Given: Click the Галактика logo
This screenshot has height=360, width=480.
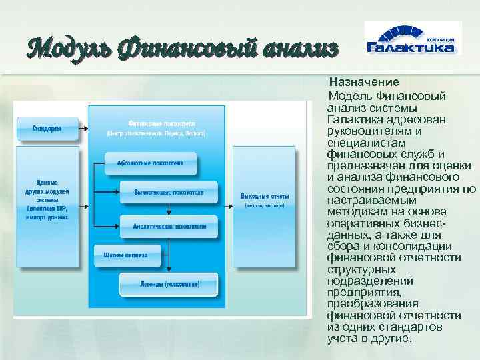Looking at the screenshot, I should pyautogui.click(x=411, y=41).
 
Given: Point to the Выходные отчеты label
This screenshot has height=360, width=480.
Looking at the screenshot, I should pyautogui.click(x=265, y=196).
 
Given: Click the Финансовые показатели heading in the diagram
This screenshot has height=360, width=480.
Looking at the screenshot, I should pyautogui.click(x=161, y=124).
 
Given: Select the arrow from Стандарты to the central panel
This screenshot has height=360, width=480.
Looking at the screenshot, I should pyautogui.click(x=84, y=129).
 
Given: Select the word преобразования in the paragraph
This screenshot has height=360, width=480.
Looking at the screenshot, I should pyautogui.click(x=367, y=303).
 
